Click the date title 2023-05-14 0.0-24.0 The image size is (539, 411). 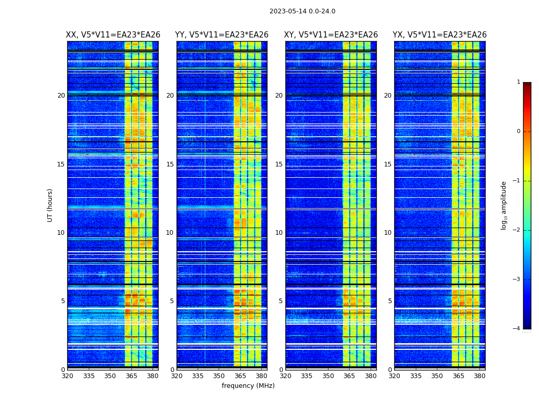point(302,11)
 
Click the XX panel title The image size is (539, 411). point(113,35)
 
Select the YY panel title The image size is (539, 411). point(222,35)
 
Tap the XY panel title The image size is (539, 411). point(331,35)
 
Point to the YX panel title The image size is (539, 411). point(440,35)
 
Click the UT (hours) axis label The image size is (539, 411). point(50,205)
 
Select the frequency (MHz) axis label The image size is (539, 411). point(248,386)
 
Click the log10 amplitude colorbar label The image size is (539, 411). point(504,205)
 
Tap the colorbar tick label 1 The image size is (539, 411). point(518,82)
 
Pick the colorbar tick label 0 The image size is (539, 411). point(518,132)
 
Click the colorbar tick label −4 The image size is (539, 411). point(517,329)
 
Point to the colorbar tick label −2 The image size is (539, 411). point(517,230)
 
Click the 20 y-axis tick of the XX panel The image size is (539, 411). point(61,96)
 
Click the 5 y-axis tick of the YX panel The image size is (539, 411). point(390,301)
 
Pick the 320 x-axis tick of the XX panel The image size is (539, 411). point(67,376)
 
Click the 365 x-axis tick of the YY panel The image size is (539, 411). point(240,376)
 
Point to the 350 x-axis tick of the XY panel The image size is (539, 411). point(328,376)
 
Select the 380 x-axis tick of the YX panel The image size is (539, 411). point(479,376)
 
